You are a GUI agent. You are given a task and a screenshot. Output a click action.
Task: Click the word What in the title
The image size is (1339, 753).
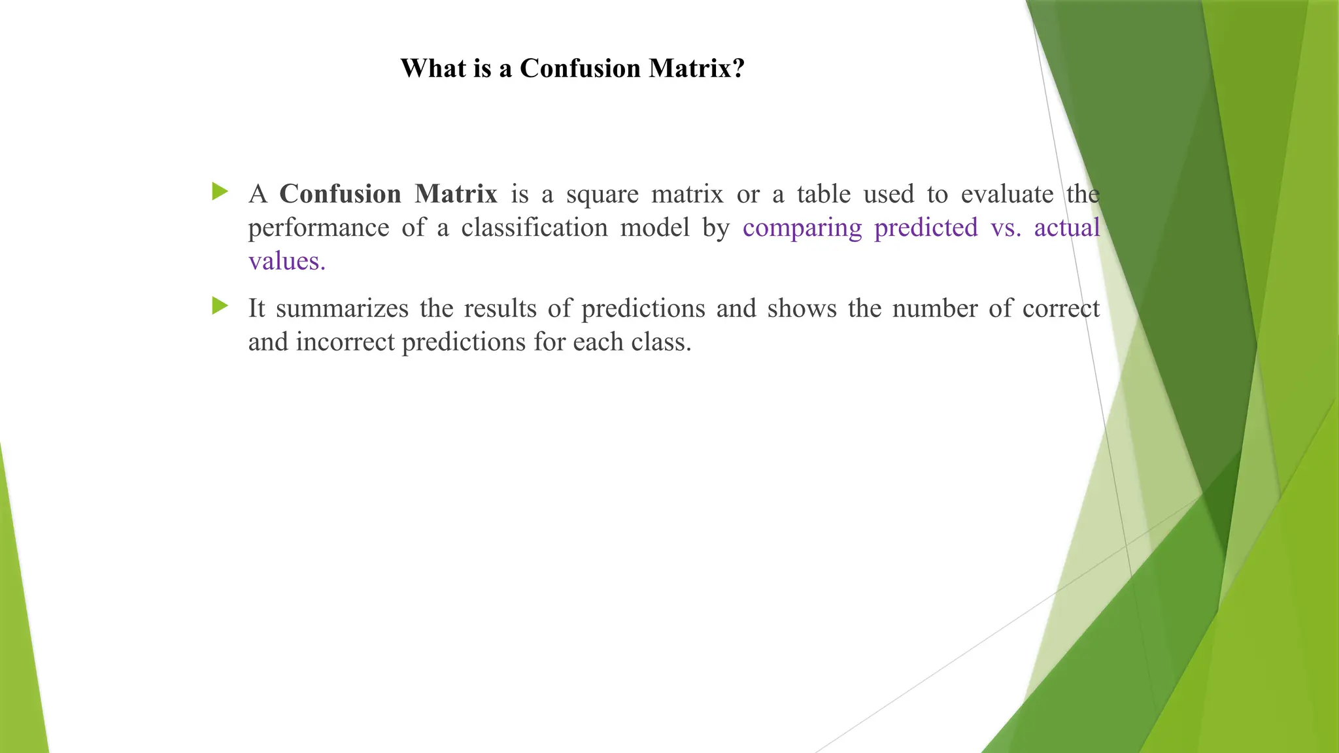pyautogui.click(x=431, y=69)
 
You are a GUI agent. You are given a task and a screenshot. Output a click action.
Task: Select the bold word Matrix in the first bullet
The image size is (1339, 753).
pyautogui.click(x=456, y=194)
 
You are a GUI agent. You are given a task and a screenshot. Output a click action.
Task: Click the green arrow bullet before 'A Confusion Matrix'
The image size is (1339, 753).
pyautogui.click(x=220, y=192)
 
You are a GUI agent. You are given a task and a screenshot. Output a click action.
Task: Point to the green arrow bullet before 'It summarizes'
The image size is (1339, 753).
pyautogui.click(x=220, y=305)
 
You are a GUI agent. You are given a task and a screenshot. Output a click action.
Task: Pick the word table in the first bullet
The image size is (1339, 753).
pyautogui.click(x=823, y=194)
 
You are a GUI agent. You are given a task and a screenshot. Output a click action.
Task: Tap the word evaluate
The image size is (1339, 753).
pyautogui.click(x=1007, y=194)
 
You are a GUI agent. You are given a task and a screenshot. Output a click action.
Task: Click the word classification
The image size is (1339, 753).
pyautogui.click(x=534, y=227)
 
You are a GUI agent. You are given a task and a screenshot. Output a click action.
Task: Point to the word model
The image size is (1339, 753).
pyautogui.click(x=654, y=227)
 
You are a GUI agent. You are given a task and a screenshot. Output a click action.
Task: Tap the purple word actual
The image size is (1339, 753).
pyautogui.click(x=1067, y=227)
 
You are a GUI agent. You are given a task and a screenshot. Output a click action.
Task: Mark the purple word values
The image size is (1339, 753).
pyautogui.click(x=286, y=261)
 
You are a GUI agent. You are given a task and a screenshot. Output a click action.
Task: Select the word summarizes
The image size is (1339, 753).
pyautogui.click(x=342, y=309)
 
